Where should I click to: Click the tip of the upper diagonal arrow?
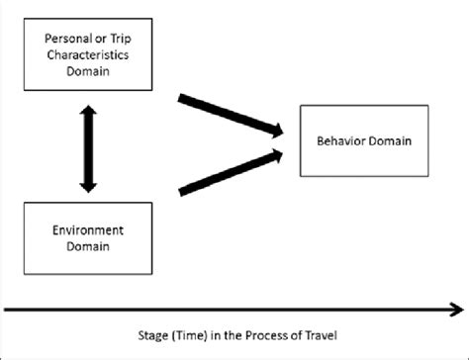[288, 131]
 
